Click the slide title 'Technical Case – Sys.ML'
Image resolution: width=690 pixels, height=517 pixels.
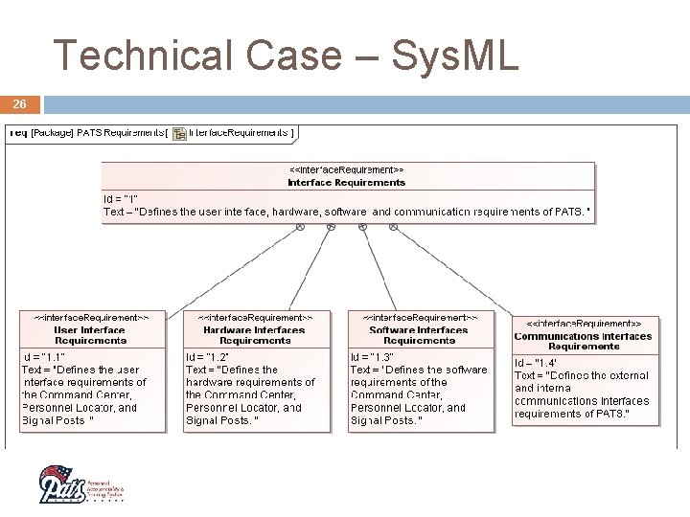coord(286,55)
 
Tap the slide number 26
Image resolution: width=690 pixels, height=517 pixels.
coord(19,103)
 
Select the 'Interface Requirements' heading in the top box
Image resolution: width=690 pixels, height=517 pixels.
coord(347,182)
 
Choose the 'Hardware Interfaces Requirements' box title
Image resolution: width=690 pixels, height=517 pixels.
coord(255,334)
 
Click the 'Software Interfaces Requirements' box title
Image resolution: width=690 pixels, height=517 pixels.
coord(419,334)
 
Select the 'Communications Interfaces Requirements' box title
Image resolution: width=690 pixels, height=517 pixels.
coord(584,341)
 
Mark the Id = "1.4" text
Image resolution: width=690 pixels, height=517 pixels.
coord(537,363)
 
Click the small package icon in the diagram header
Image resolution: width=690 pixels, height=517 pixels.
coord(179,133)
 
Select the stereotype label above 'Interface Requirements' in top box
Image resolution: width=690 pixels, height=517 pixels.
coord(347,170)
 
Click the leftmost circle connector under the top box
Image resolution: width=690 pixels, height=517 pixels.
coord(300,227)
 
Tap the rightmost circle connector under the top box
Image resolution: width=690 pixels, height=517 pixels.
coord(394,227)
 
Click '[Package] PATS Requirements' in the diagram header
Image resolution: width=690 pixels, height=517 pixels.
coord(96,132)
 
